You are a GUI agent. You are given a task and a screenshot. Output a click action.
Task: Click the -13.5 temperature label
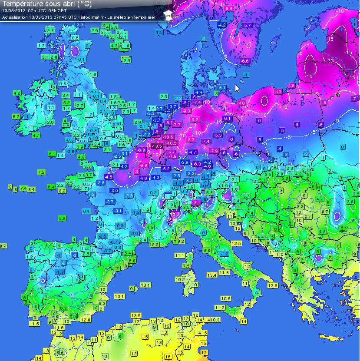tap(157, 146)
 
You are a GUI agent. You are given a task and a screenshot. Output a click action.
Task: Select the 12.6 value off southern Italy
tap(273, 285)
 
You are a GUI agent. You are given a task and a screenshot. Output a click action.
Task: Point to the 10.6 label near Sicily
tap(226, 298)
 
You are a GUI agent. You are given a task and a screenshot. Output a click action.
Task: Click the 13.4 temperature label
tap(212, 275)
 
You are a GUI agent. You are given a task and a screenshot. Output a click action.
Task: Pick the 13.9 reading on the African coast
tap(136, 315)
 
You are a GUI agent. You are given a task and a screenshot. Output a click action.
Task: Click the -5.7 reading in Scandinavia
tap(247, 26)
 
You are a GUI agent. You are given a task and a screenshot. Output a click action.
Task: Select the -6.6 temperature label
tap(244, 61)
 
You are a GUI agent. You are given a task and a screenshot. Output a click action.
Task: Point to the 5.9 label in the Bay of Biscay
tap(62, 218)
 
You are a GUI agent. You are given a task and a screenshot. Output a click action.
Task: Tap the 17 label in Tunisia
tap(203, 352)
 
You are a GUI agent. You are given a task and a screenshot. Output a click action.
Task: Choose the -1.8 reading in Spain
tap(59, 272)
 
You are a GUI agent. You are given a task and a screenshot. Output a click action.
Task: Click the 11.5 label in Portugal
tap(34, 324)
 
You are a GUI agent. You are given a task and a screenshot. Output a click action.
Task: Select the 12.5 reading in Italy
tap(236, 243)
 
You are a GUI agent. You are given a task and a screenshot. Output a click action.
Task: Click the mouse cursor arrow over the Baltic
tap(237, 88)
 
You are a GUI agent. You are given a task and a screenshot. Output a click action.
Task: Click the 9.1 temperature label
tap(308, 217)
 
